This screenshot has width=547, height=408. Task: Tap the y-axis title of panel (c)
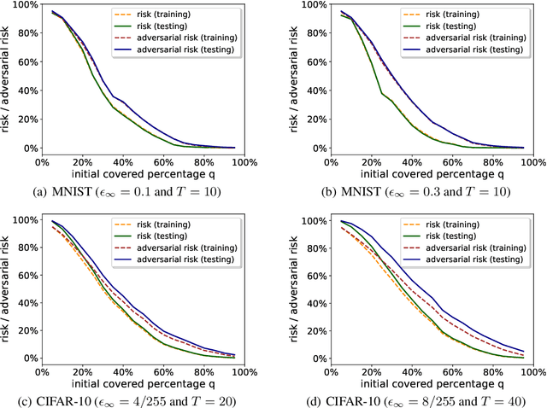[7, 290]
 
